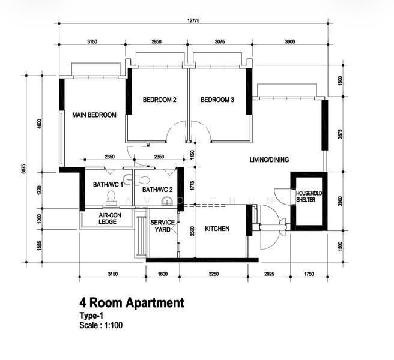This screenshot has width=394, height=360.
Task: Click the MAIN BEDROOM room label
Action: tap(94, 115)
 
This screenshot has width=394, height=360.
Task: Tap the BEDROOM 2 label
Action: tap(160, 100)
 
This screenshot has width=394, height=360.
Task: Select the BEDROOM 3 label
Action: tap(217, 100)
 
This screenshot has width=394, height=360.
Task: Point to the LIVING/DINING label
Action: tap(269, 160)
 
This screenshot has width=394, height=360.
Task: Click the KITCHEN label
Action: tap(217, 229)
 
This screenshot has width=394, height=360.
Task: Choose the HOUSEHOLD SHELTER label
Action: tap(309, 197)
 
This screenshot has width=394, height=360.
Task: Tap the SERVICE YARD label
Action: tap(163, 226)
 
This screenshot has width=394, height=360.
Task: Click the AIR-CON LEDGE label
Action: tap(110, 218)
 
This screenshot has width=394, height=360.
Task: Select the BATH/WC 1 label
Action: tap(108, 185)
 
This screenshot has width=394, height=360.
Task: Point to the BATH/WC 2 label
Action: tap(157, 190)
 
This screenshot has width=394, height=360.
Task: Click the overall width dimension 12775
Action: tap(193, 20)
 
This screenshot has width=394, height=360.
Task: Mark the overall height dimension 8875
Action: tap(23, 169)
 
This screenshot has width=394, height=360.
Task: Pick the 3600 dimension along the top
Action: tap(290, 41)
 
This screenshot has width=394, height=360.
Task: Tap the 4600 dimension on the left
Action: tap(39, 124)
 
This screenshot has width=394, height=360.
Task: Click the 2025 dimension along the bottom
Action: tap(269, 274)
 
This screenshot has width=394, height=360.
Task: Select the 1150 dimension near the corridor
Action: tap(192, 155)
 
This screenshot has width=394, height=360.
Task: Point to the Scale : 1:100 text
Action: tap(101, 325)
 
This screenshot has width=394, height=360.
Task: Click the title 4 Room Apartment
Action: tap(132, 303)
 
